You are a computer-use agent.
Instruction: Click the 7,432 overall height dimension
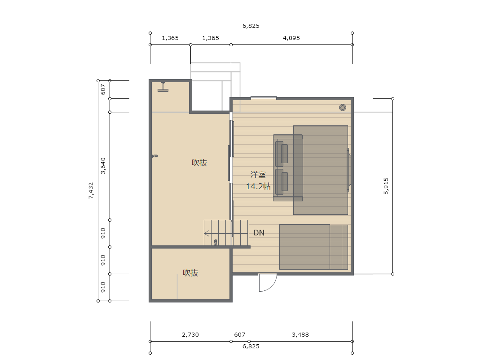[91, 191]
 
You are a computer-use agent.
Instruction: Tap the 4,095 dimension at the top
[291, 38]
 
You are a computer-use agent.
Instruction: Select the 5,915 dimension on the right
[386, 186]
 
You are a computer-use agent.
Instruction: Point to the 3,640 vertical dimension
[103, 166]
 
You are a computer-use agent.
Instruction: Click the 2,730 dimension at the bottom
[190, 334]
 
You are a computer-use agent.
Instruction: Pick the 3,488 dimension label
[300, 334]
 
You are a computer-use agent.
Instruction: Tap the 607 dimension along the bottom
[240, 334]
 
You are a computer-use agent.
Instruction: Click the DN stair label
[259, 233]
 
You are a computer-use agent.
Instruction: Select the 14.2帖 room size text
[258, 186]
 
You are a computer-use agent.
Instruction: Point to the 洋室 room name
[258, 174]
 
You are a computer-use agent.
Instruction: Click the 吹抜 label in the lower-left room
[190, 273]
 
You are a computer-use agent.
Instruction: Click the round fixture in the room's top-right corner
[342, 107]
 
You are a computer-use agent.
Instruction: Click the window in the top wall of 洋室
[263, 98]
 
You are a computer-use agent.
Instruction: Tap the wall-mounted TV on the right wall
[348, 170]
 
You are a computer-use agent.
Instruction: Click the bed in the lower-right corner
[313, 247]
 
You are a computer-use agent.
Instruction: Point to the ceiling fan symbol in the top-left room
[163, 87]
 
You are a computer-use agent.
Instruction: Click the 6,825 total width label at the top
[251, 26]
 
